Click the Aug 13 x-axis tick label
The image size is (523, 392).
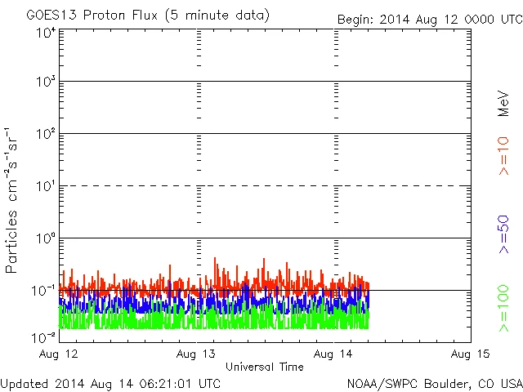coord(196,354)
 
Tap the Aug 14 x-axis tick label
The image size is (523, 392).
coord(332,354)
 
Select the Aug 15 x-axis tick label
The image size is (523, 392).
coord(469,354)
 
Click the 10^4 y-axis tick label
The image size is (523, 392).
coord(45,32)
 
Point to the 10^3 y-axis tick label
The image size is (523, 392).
coord(45,82)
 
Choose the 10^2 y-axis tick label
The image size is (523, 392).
coord(45,134)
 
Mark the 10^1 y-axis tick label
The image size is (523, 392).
coord(45,186)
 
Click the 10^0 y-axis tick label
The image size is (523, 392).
coord(45,238)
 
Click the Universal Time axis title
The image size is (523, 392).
coord(264,367)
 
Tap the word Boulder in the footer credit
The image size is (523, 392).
coord(438,382)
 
